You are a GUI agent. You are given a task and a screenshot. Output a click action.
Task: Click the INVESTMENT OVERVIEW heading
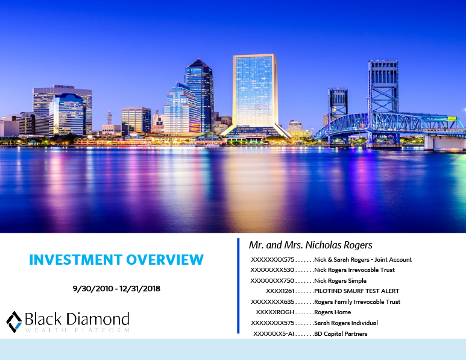[x=116, y=260]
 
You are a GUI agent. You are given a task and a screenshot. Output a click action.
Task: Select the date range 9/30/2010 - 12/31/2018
[x=116, y=289]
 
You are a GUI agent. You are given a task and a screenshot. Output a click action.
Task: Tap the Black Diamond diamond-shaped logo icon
[x=14, y=321]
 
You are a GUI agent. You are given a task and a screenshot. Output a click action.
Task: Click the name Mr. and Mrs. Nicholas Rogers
[x=310, y=245]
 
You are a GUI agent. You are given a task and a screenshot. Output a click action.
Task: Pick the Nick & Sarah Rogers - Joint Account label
[x=363, y=260]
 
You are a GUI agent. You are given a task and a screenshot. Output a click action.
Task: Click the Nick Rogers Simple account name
[x=340, y=281]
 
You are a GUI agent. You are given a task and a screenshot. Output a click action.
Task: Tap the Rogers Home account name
[x=332, y=312]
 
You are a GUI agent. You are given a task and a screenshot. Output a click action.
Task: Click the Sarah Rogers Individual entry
[x=346, y=323]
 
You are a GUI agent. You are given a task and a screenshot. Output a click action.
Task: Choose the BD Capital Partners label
[x=341, y=333]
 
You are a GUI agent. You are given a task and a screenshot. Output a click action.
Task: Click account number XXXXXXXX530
[x=272, y=270]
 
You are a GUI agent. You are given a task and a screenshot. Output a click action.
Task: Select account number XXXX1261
[x=280, y=291]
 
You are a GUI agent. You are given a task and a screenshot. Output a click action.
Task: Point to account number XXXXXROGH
[x=275, y=312]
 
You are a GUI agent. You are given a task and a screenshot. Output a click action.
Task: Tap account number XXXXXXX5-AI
[x=274, y=333]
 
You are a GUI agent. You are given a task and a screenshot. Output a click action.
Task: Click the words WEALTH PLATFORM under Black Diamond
[x=77, y=330]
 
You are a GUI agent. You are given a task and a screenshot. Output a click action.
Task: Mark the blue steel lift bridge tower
[x=383, y=90]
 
